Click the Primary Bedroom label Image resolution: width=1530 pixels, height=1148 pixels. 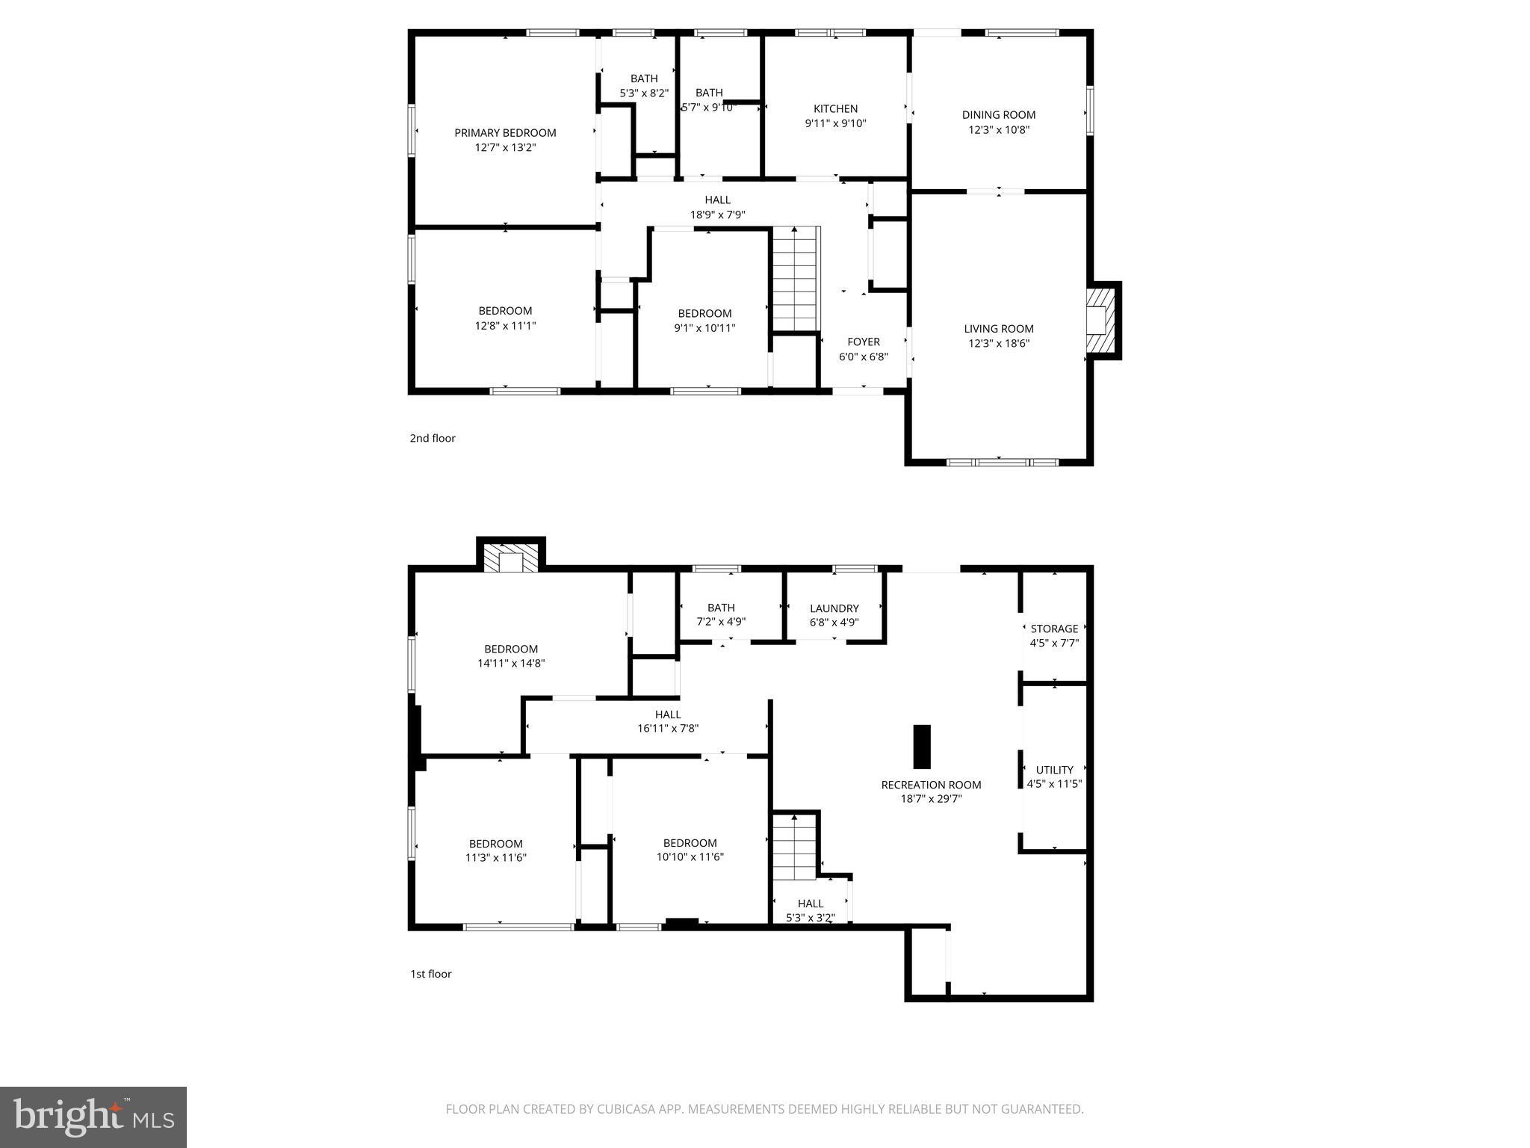pyautogui.click(x=505, y=133)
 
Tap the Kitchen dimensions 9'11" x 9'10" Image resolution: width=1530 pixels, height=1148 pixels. pyautogui.click(x=835, y=123)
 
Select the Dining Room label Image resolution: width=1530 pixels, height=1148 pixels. pyautogui.click(x=998, y=115)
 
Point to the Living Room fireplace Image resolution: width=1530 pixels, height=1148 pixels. pyautogui.click(x=1100, y=319)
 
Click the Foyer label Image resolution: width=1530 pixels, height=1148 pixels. pyautogui.click(x=863, y=342)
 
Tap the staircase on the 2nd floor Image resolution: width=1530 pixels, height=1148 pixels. pyautogui.click(x=795, y=279)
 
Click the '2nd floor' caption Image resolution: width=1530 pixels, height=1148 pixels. pyautogui.click(x=432, y=438)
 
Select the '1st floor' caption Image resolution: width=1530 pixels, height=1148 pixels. pyautogui.click(x=430, y=974)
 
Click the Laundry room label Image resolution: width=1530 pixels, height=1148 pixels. pyautogui.click(x=834, y=608)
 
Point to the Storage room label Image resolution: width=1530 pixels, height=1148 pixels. pyautogui.click(x=1054, y=629)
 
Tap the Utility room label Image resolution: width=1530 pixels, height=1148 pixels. pyautogui.click(x=1054, y=770)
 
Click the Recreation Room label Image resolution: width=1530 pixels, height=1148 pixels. pyautogui.click(x=931, y=785)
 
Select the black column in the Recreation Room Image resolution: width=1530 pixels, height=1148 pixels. pyautogui.click(x=922, y=747)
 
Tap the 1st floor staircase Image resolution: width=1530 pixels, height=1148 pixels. pyautogui.click(x=794, y=848)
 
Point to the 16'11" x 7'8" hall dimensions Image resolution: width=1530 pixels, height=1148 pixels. pyautogui.click(x=667, y=728)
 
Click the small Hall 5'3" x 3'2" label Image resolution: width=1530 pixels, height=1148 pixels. pyautogui.click(x=810, y=904)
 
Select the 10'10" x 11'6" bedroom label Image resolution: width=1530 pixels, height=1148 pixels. pyautogui.click(x=690, y=843)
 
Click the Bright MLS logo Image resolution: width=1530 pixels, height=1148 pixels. pyautogui.click(x=93, y=1117)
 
